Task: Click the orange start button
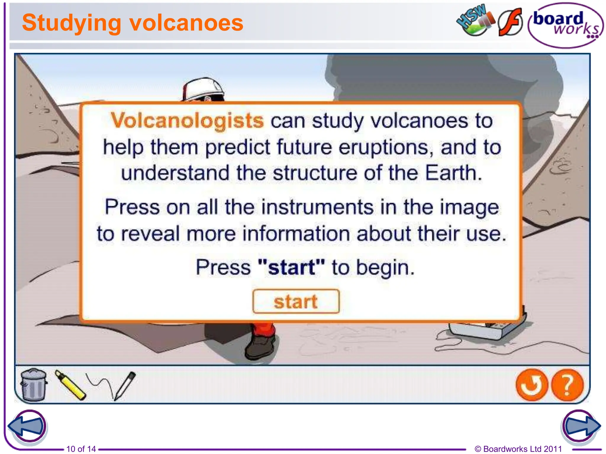coord(296,301)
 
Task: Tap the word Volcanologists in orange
coord(187,121)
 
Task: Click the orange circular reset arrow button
coord(532,385)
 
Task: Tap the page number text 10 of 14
coord(81,449)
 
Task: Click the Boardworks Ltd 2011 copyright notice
coord(518,449)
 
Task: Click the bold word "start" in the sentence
coord(291,267)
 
